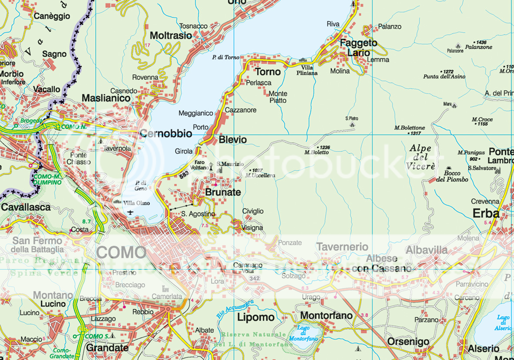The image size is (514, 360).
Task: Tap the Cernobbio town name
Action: coord(166,134)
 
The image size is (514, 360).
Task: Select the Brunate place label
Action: coord(223,192)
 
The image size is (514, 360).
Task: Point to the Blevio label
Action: coord(233,140)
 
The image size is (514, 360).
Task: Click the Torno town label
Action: coord(269,72)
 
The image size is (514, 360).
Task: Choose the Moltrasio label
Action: coord(171,36)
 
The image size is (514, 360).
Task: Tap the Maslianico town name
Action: coord(106,98)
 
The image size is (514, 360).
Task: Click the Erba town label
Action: coord(486,213)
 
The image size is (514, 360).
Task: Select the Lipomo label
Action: coord(255,317)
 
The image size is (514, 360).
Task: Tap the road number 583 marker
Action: coord(184,174)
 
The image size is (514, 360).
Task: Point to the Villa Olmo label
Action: coord(137,203)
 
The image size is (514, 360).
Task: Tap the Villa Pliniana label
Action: coord(309,70)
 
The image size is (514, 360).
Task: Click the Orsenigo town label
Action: coord(408,342)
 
